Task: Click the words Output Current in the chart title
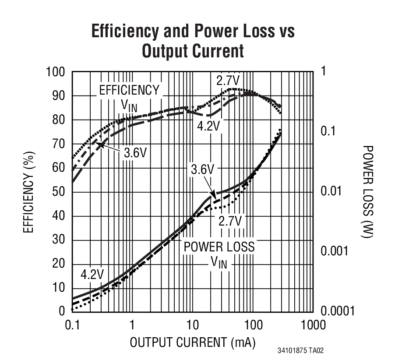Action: click(x=193, y=51)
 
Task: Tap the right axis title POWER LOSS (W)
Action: click(x=368, y=191)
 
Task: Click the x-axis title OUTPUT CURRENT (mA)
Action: click(x=192, y=342)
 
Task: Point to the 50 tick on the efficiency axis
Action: click(x=57, y=192)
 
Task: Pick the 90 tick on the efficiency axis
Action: click(x=57, y=96)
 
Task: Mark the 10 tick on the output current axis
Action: click(x=192, y=325)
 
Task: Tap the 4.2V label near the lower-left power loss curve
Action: click(x=92, y=275)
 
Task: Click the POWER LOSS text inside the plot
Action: click(x=219, y=247)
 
